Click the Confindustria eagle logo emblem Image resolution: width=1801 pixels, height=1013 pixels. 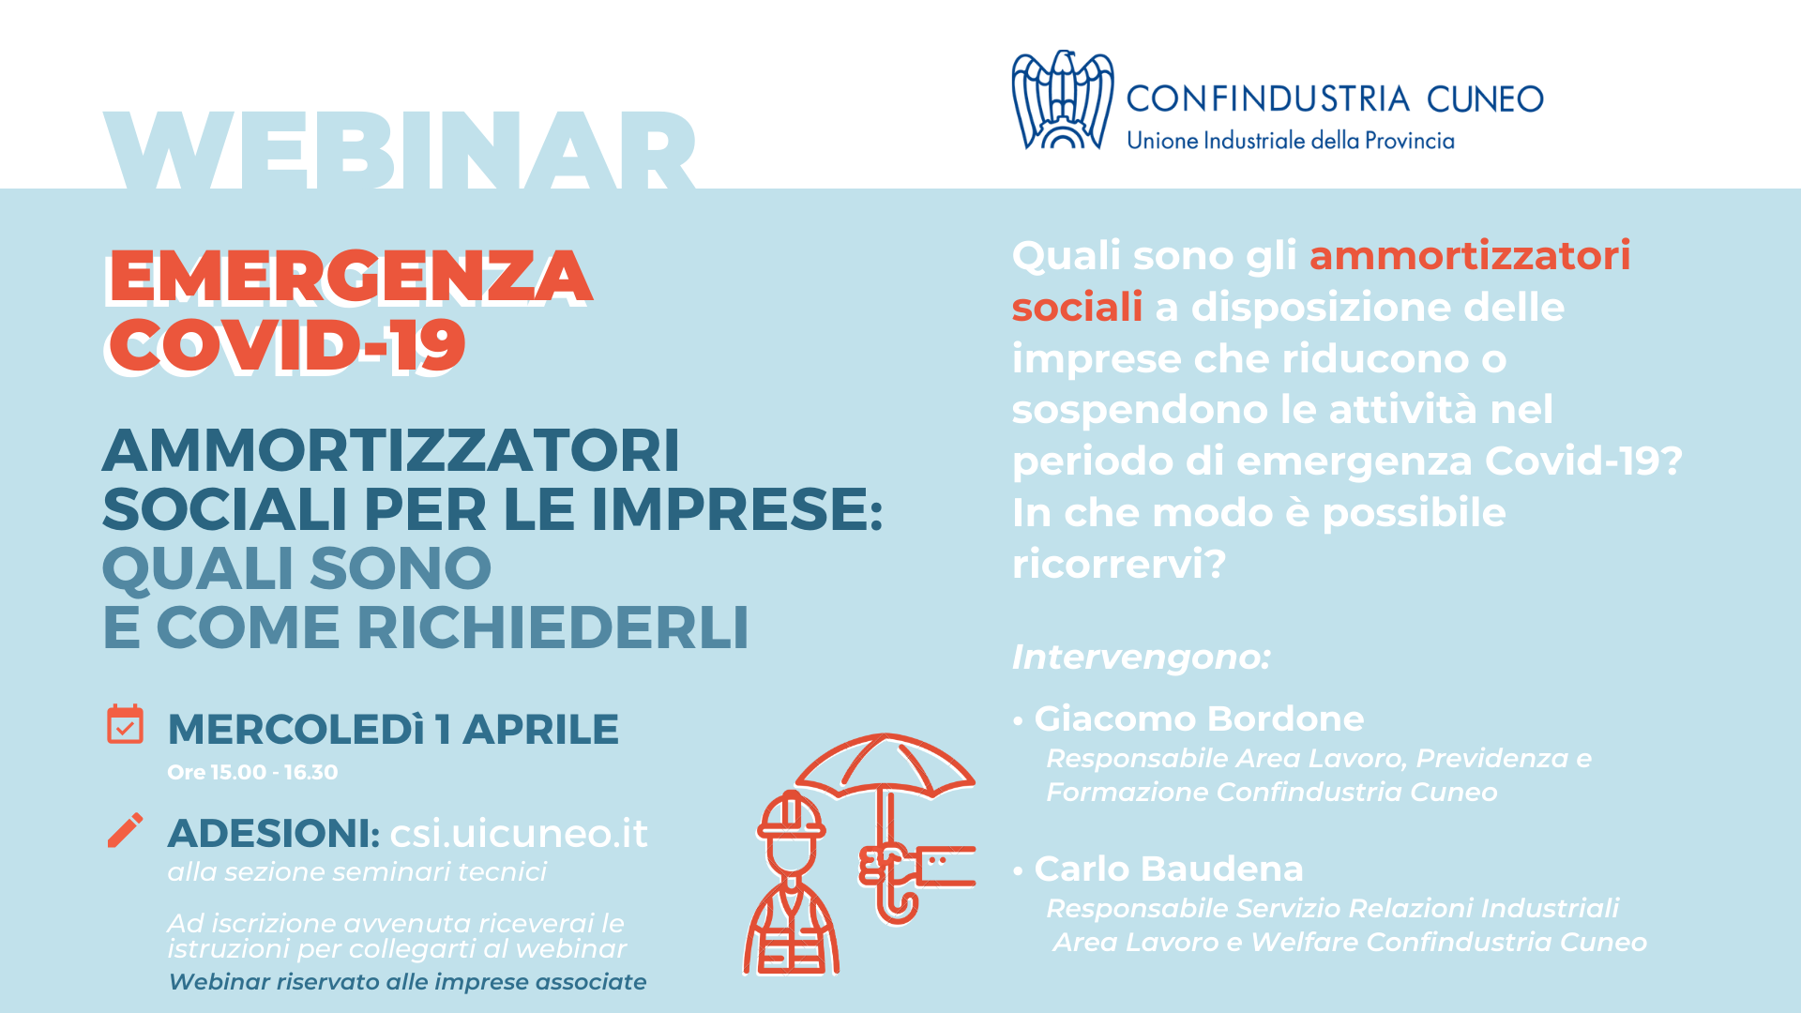click(1062, 99)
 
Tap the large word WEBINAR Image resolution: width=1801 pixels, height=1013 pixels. click(400, 150)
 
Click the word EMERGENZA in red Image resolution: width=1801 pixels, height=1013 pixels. click(350, 278)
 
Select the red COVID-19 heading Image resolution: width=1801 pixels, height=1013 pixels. click(287, 345)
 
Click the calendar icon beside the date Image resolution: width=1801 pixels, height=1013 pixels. click(125, 724)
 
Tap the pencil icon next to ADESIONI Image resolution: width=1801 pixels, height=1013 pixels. click(125, 830)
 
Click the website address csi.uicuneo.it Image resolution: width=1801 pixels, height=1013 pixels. click(519, 833)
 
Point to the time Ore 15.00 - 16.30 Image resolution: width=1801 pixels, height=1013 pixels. click(252, 773)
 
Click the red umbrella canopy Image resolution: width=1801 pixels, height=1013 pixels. click(885, 764)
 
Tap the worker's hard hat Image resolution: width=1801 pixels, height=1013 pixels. click(792, 814)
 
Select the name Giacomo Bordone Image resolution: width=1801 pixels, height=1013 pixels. click(1199, 718)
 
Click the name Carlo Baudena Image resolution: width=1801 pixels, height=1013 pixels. click(1169, 869)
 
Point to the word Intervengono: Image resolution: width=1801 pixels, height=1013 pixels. click(1141, 657)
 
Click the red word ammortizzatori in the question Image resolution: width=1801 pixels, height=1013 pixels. click(1470, 255)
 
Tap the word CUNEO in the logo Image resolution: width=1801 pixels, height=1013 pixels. click(1485, 98)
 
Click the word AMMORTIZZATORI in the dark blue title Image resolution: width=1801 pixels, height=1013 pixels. click(391, 450)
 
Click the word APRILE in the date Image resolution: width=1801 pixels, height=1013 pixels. click(540, 729)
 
